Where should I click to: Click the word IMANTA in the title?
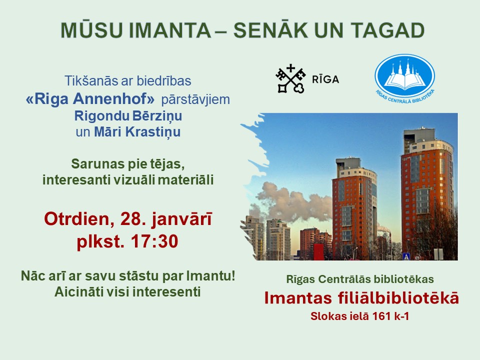pos(170,30)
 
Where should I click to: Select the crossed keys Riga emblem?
pos(290,78)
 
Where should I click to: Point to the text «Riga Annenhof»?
pos(90,99)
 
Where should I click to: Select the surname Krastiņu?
pos(153,132)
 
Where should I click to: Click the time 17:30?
pos(154,241)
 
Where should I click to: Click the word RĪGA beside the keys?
pos(325,79)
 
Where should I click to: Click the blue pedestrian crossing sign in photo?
pos(406,256)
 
